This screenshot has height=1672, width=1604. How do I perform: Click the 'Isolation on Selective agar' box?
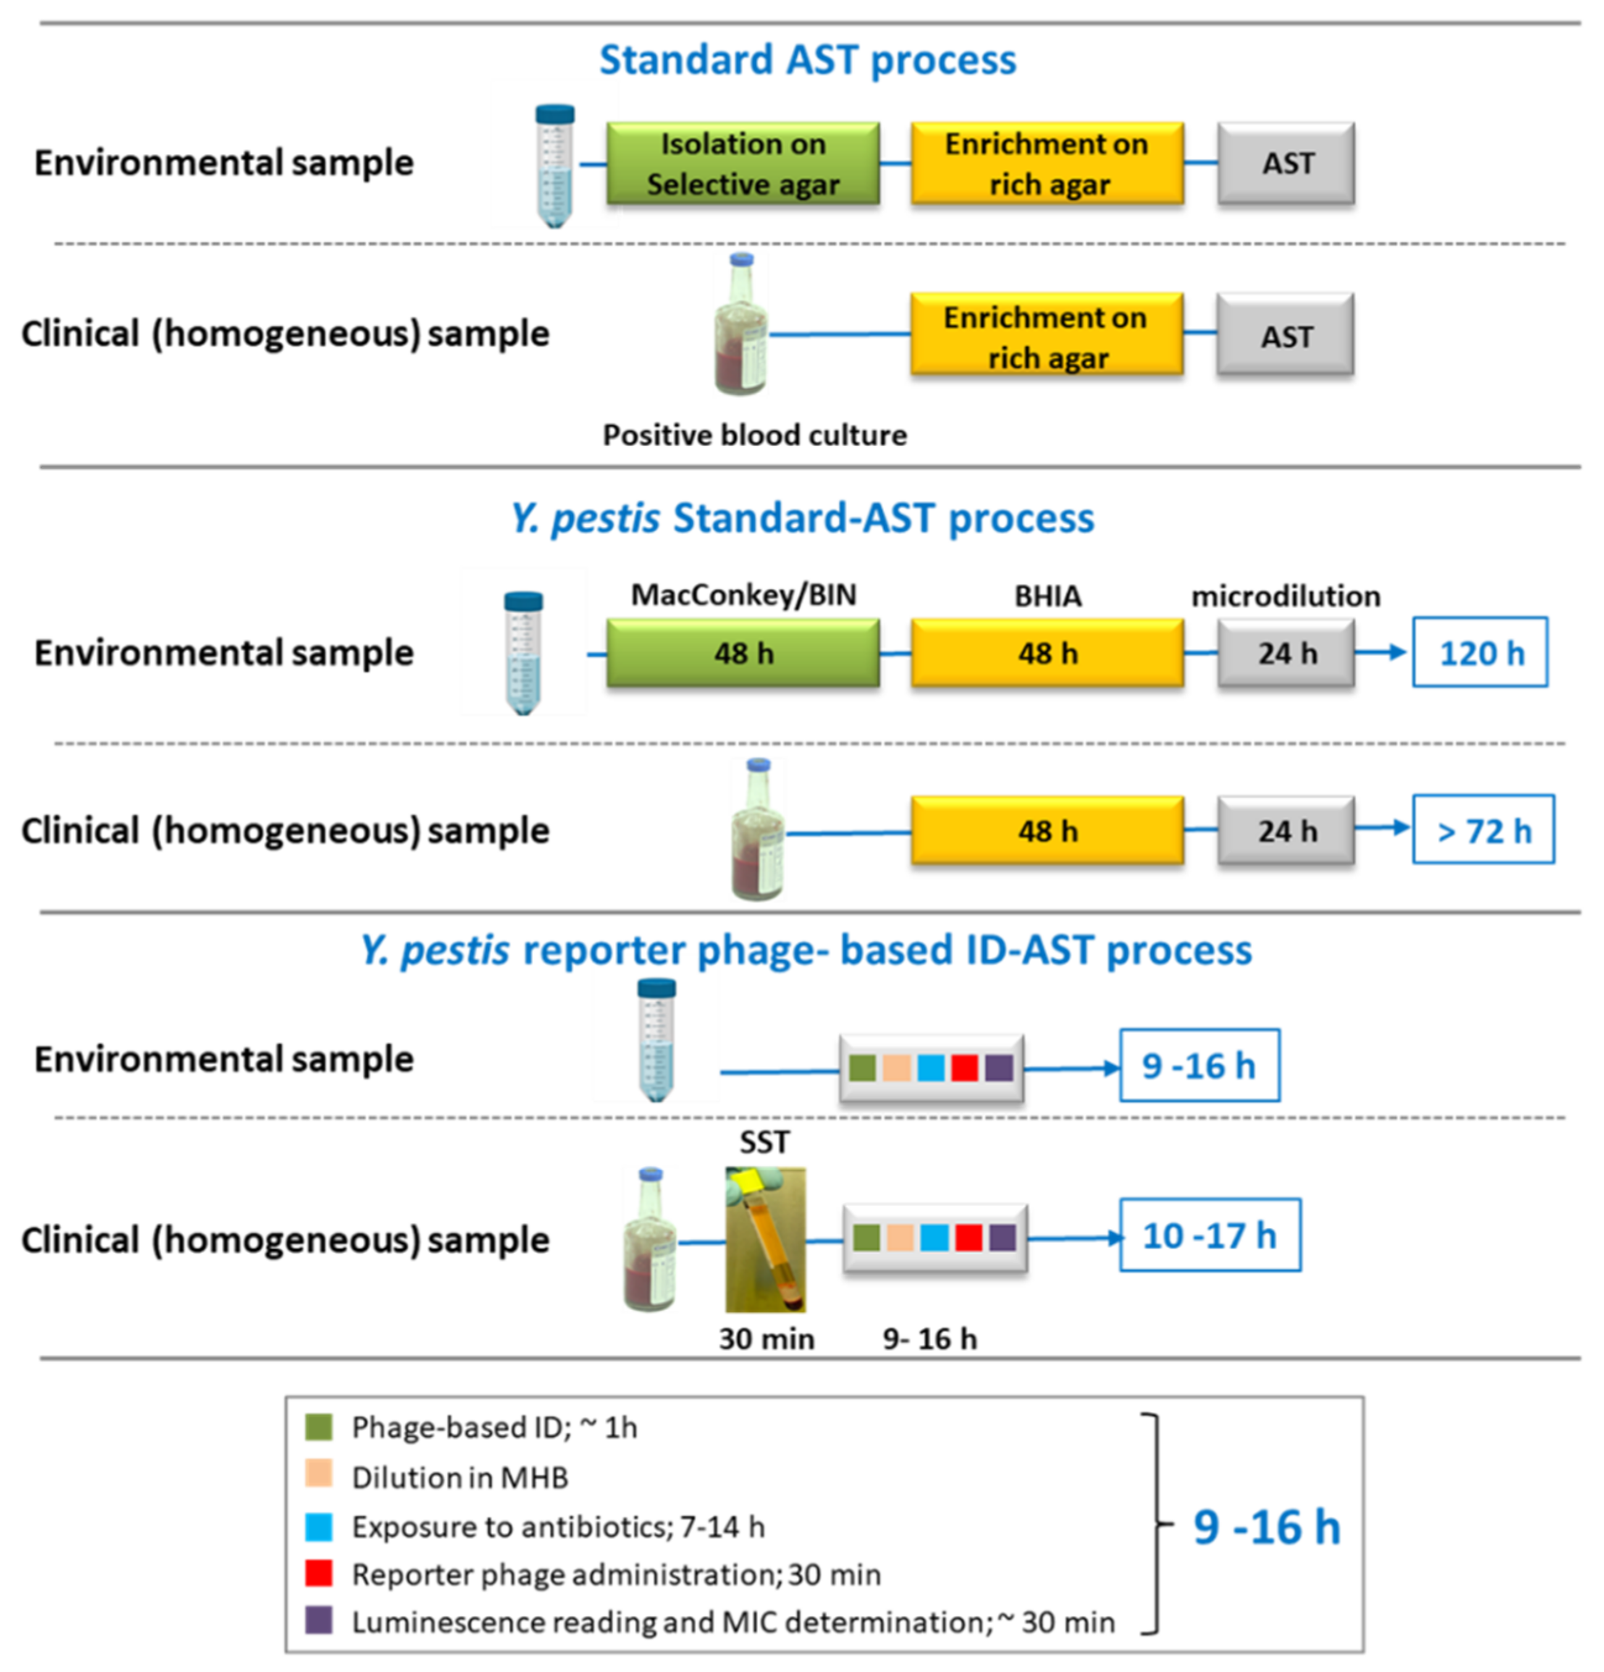[741, 163]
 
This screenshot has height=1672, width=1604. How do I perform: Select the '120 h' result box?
[1479, 652]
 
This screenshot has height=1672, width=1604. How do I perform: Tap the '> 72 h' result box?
[1483, 830]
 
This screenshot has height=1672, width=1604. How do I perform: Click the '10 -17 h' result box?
[1209, 1235]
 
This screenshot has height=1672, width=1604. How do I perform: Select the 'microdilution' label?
[1286, 596]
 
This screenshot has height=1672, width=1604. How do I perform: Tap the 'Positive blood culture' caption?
[754, 435]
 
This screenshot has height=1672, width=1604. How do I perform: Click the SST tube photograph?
[764, 1239]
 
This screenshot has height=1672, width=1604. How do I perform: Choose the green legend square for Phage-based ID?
[318, 1427]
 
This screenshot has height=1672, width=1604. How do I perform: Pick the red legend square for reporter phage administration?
[318, 1573]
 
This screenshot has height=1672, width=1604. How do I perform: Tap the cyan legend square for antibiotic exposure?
[318, 1526]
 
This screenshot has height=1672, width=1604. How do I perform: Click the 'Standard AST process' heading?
[807, 60]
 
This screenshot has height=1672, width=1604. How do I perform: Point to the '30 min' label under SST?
[766, 1338]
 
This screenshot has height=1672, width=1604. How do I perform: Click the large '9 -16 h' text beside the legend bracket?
[1266, 1526]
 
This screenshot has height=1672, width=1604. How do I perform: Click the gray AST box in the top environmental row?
[1286, 163]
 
